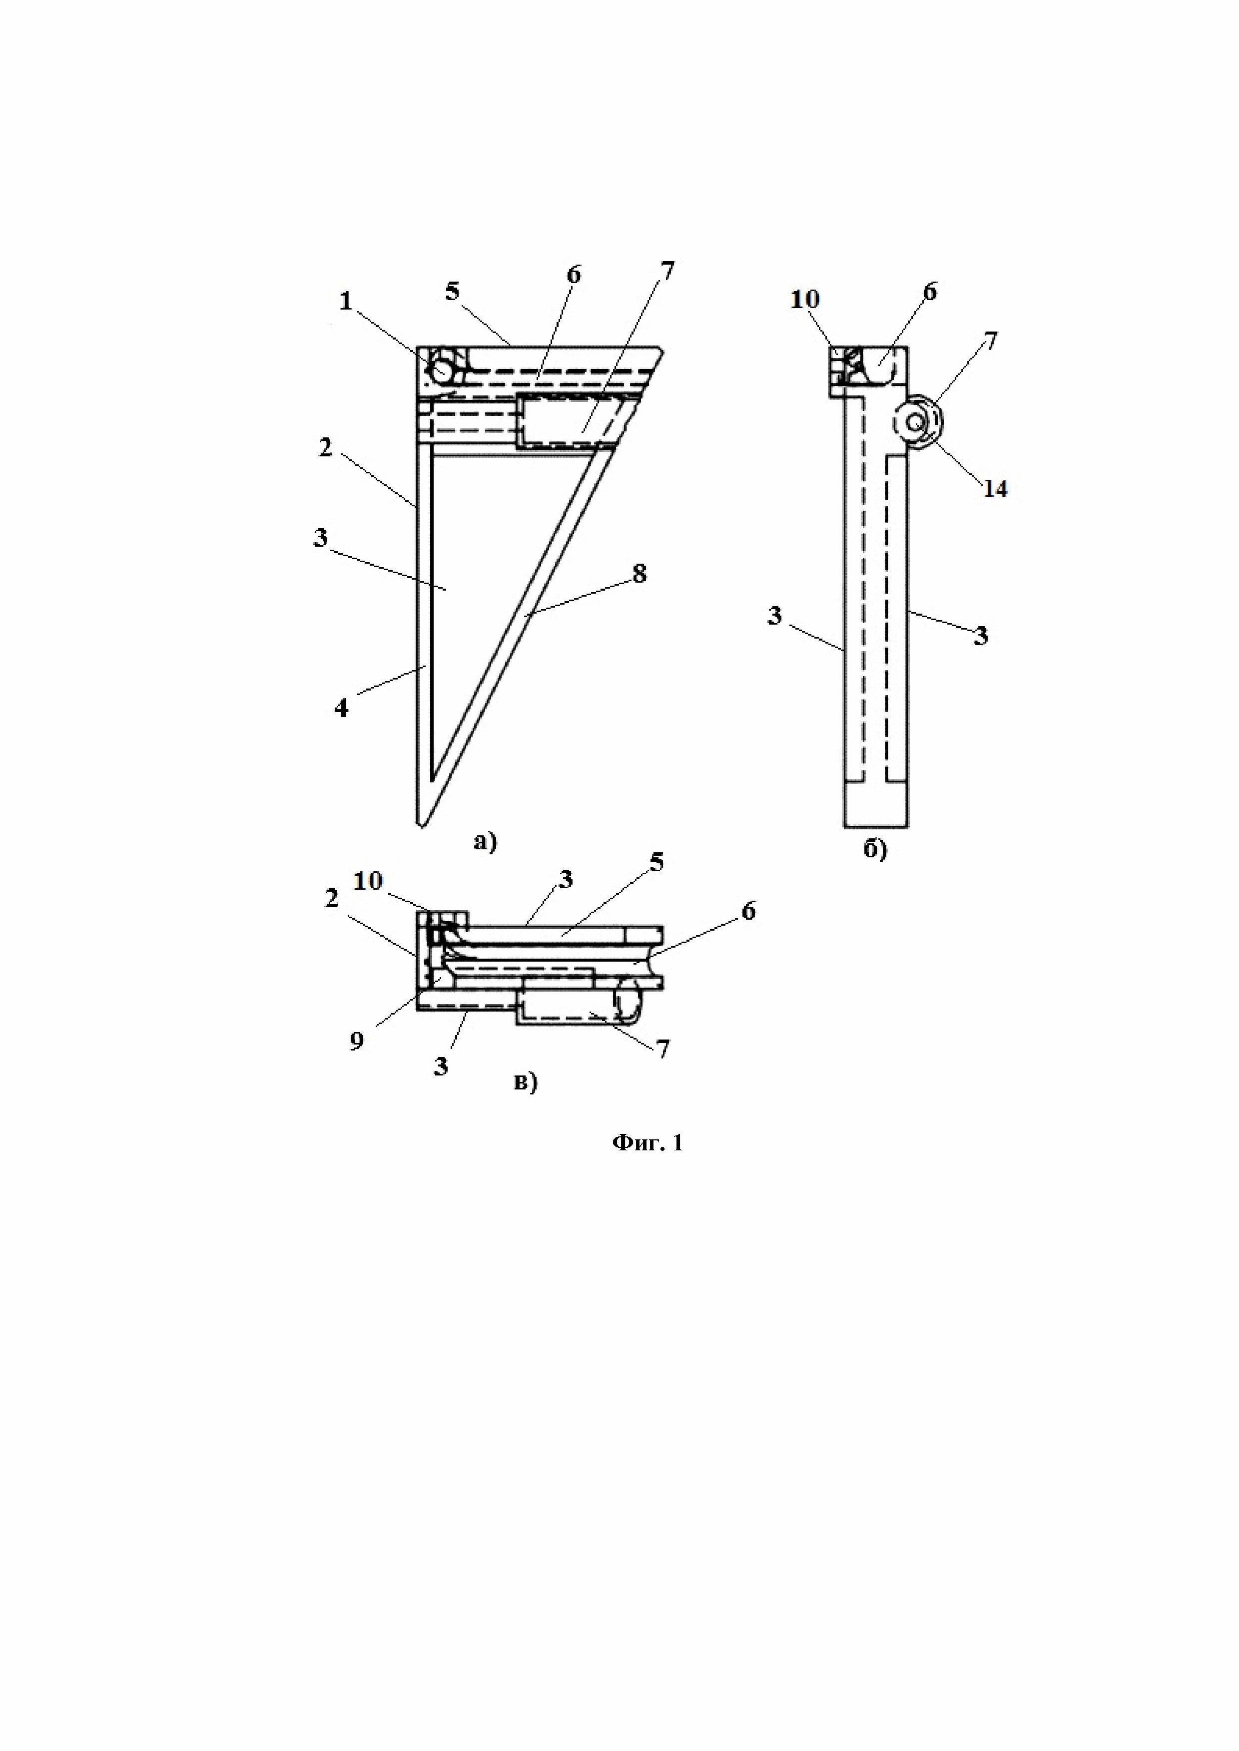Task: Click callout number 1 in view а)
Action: coord(346,302)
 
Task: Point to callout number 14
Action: coord(995,488)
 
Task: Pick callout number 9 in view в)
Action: coord(356,1042)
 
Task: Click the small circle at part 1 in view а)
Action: coord(442,370)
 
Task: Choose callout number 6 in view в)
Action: coord(748,911)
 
